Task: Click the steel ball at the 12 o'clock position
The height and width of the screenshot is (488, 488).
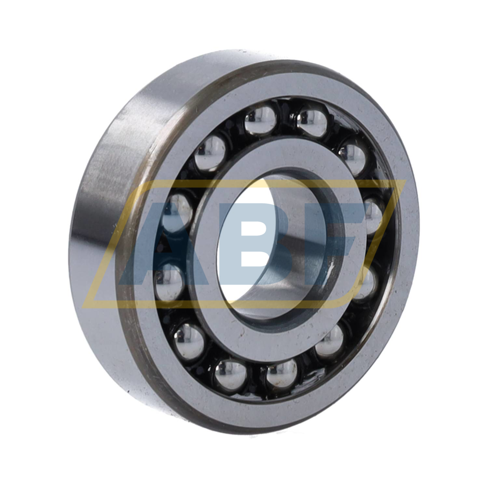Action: pyautogui.click(x=260, y=122)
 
